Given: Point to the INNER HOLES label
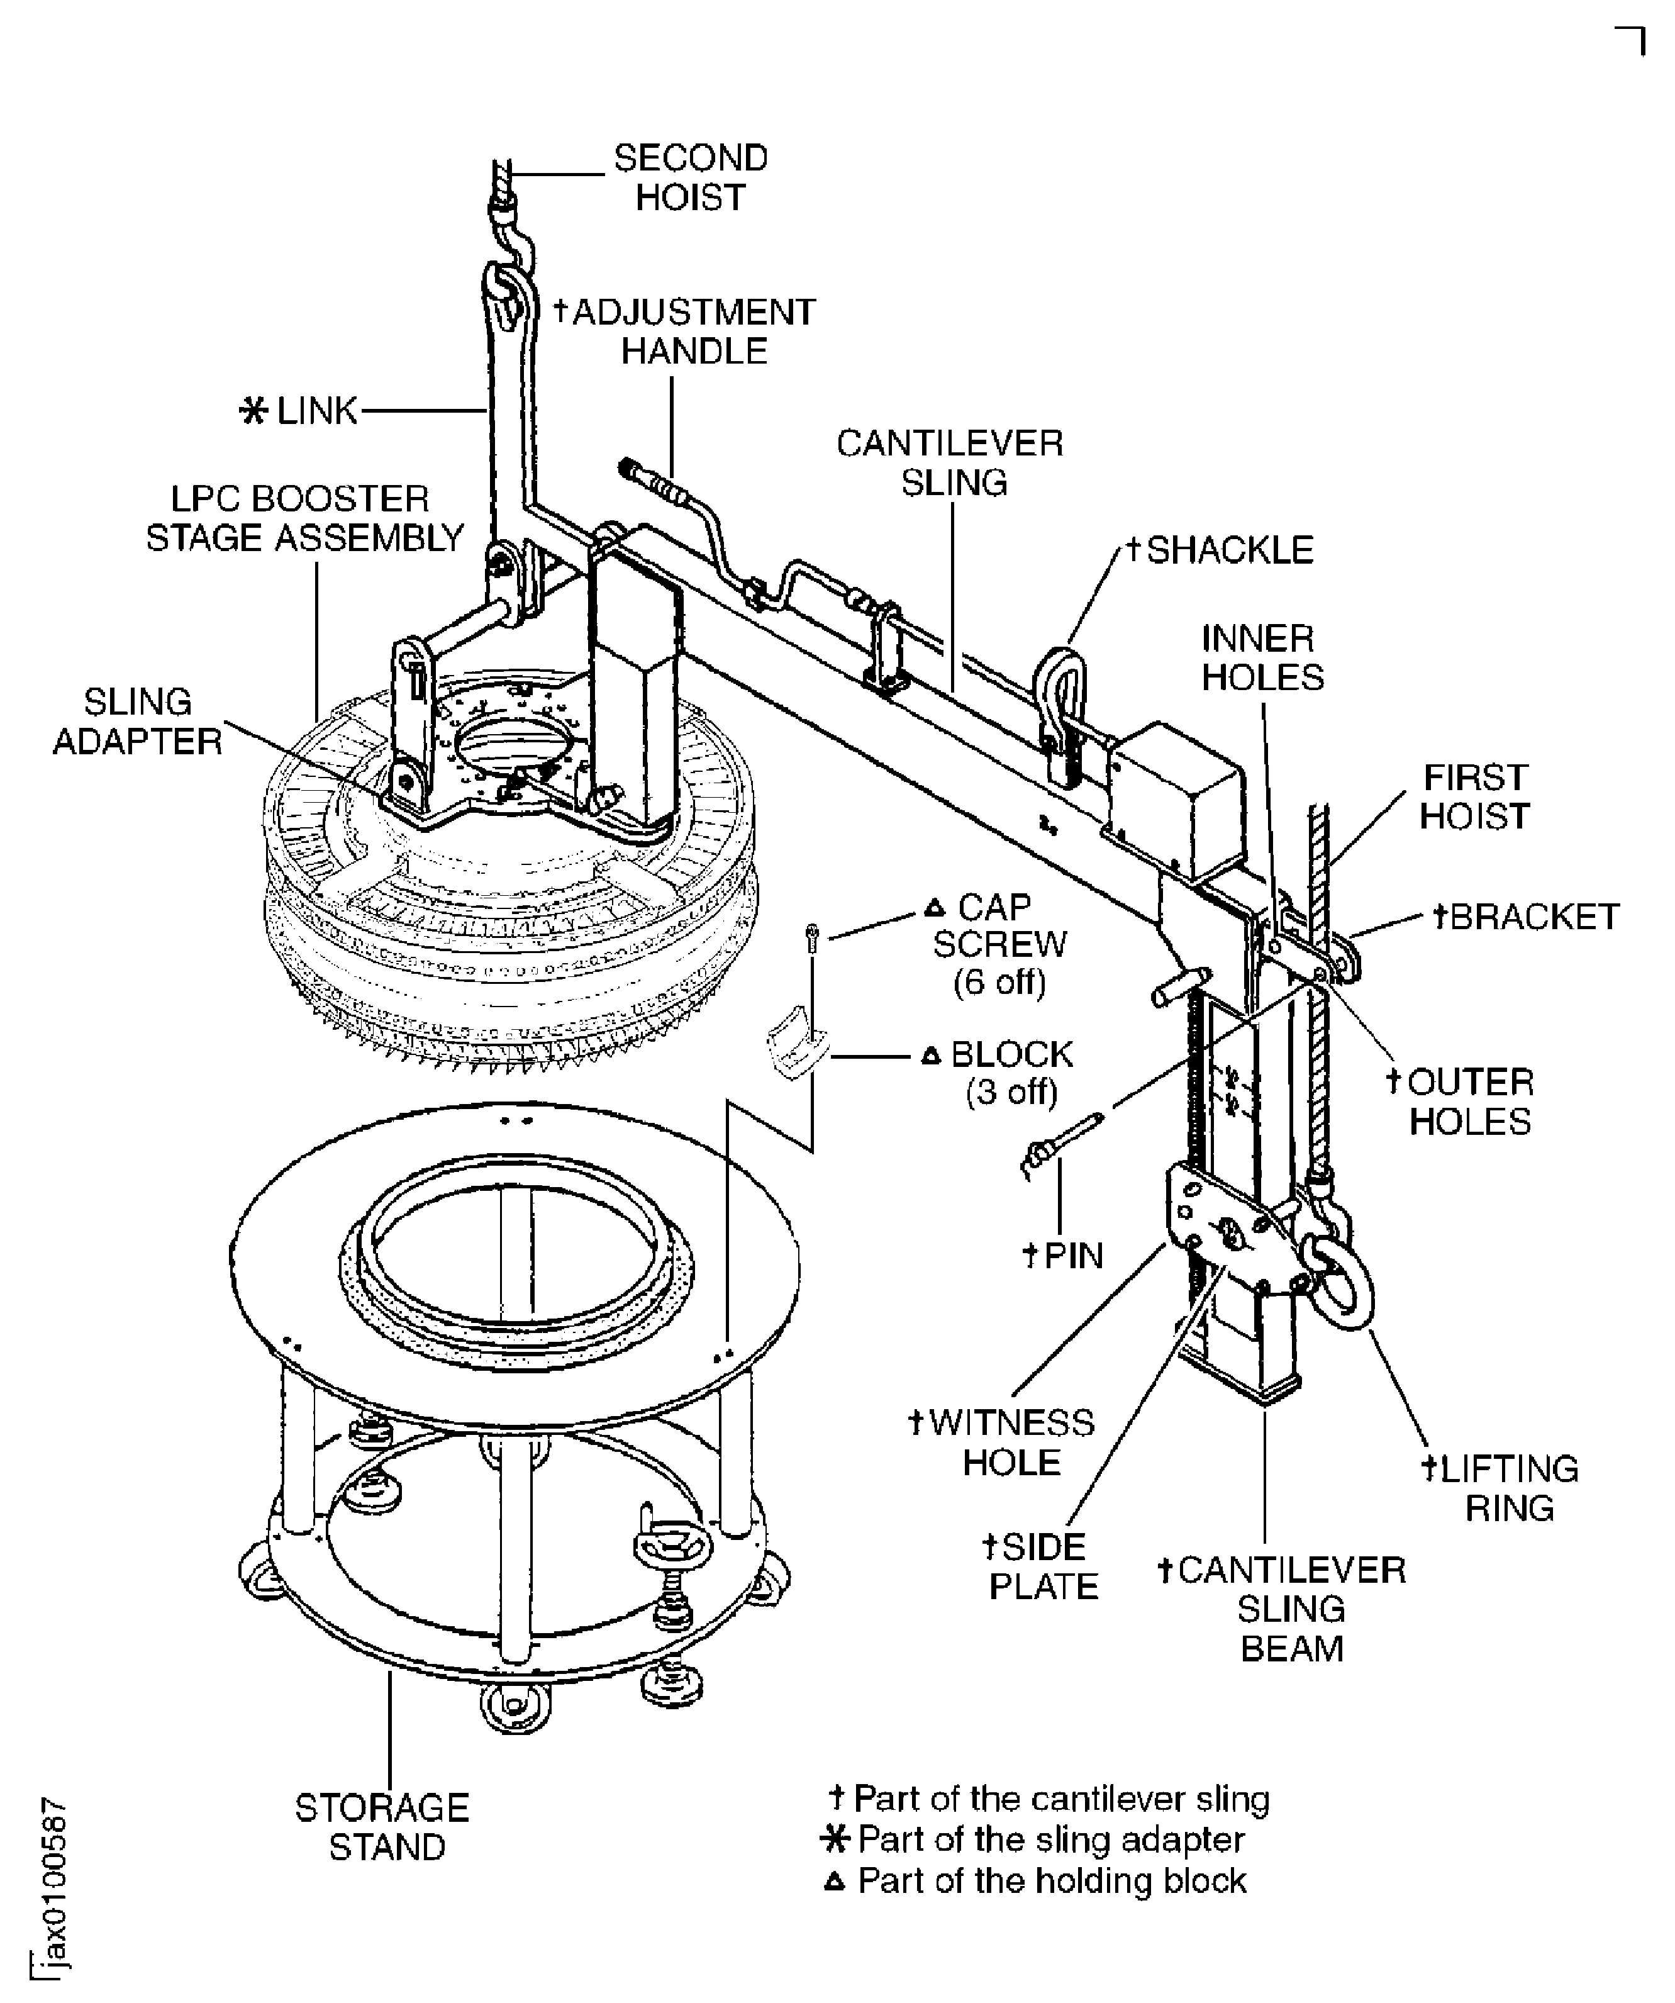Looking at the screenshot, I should [x=1261, y=658].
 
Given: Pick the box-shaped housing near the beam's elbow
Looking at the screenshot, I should [x=1179, y=772].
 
